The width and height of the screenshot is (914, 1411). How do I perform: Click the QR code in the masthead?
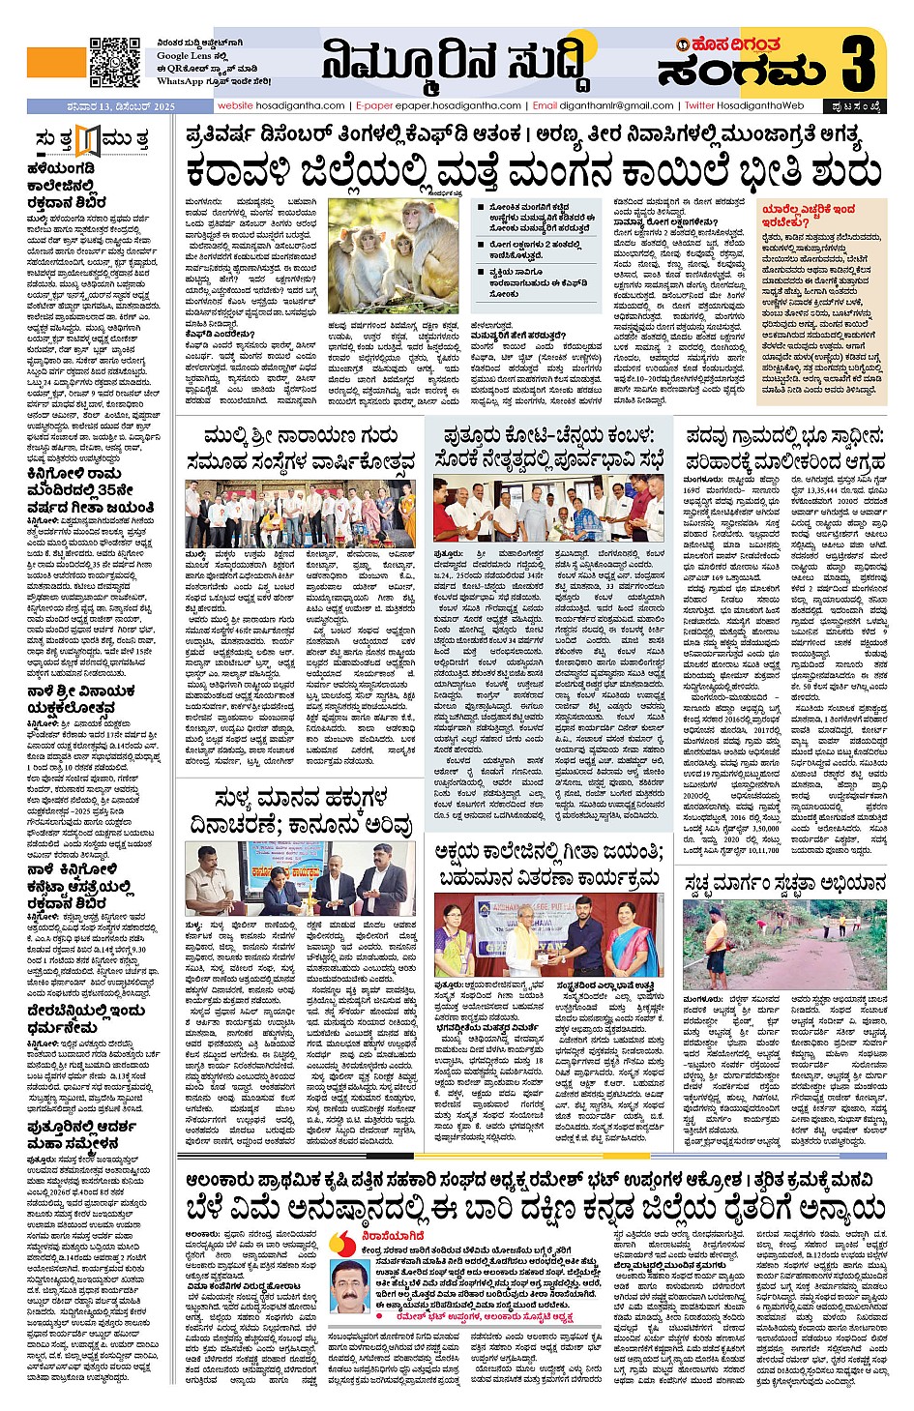114,62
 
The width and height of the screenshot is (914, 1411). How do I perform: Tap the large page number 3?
858,61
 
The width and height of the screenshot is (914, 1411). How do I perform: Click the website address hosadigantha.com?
280,105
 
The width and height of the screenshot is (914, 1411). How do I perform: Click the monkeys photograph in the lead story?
394,256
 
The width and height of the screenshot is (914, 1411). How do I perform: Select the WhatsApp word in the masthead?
179,81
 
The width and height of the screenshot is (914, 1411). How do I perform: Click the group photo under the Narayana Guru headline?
300,512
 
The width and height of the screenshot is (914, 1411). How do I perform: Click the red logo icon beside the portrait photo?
342,1241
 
